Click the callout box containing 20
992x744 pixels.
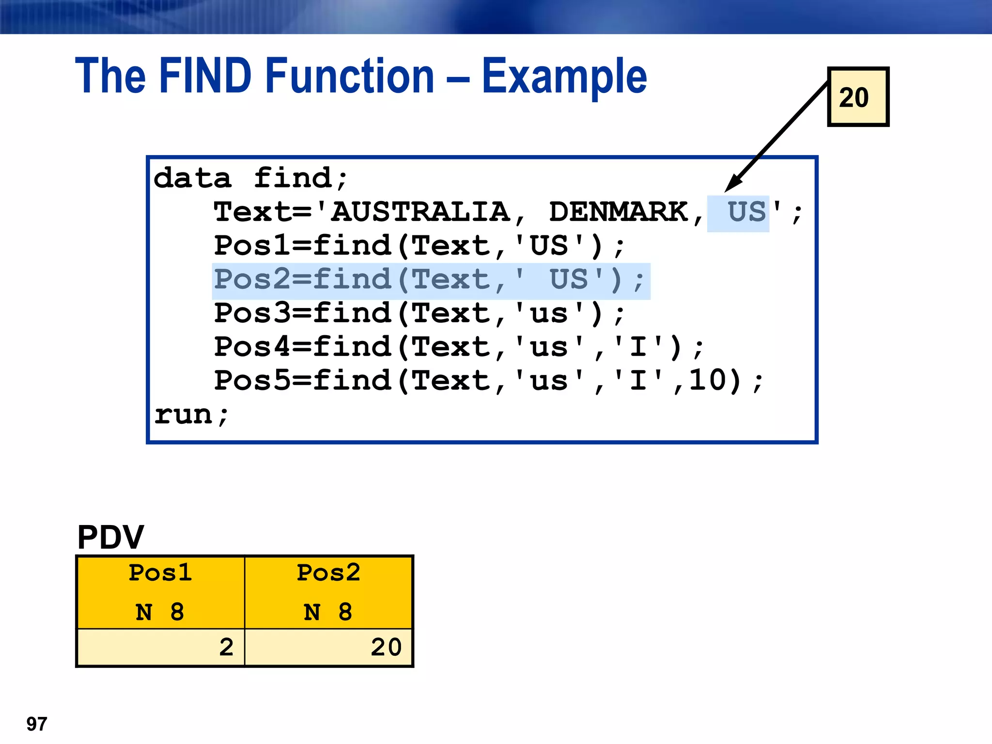click(x=858, y=97)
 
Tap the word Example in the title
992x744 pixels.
click(x=564, y=77)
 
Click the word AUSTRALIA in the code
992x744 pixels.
click(x=420, y=212)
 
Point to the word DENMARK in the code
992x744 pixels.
click(x=618, y=212)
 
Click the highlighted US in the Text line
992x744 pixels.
click(x=747, y=212)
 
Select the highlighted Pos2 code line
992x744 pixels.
click(x=430, y=280)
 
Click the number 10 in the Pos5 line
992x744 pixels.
click(x=708, y=380)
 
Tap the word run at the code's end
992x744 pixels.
click(x=183, y=415)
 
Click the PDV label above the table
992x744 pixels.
click(x=110, y=537)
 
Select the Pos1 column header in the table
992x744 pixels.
click(x=160, y=573)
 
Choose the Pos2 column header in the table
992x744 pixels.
click(x=328, y=573)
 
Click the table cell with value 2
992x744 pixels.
click(x=161, y=647)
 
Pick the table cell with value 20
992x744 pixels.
click(x=329, y=647)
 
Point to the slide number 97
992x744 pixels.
click(x=37, y=724)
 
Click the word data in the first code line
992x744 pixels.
click(x=192, y=178)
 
